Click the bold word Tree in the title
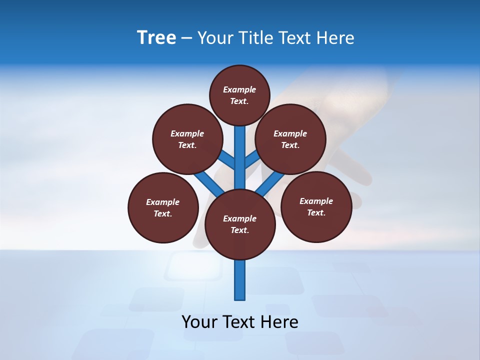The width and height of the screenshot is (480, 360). [x=156, y=37]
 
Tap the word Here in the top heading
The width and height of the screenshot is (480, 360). [x=336, y=37]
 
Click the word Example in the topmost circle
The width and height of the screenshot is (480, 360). [x=239, y=89]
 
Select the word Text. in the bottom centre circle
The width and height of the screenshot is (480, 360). [x=239, y=230]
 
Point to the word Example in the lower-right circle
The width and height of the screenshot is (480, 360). [x=316, y=201]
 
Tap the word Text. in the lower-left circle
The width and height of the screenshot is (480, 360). [x=163, y=213]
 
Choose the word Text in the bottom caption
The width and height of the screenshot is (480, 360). [x=239, y=322]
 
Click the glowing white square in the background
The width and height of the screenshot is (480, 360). [x=194, y=265]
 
